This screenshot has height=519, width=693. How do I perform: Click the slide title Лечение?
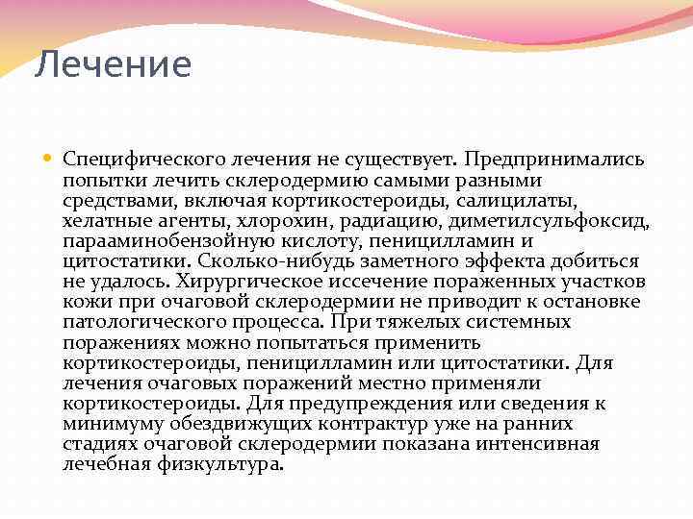pyautogui.click(x=114, y=65)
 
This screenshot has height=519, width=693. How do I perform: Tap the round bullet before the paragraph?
pyautogui.click(x=50, y=159)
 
